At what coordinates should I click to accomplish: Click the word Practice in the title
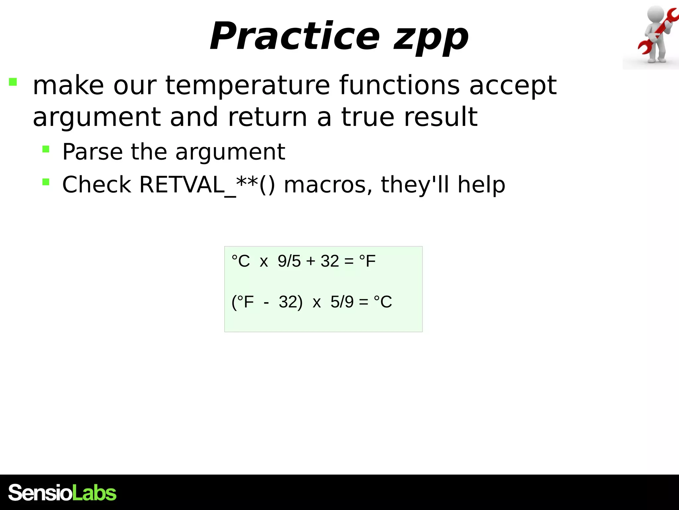[294, 36]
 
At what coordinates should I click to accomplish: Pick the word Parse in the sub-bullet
[93, 152]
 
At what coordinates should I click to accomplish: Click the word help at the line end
[481, 185]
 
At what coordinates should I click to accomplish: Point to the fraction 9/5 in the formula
[289, 261]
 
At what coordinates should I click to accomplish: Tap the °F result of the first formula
[367, 261]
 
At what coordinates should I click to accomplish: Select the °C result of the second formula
[383, 302]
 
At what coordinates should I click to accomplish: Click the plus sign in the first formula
[311, 261]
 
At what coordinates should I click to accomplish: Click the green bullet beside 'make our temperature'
[13, 82]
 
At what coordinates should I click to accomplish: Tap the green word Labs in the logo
[94, 493]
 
